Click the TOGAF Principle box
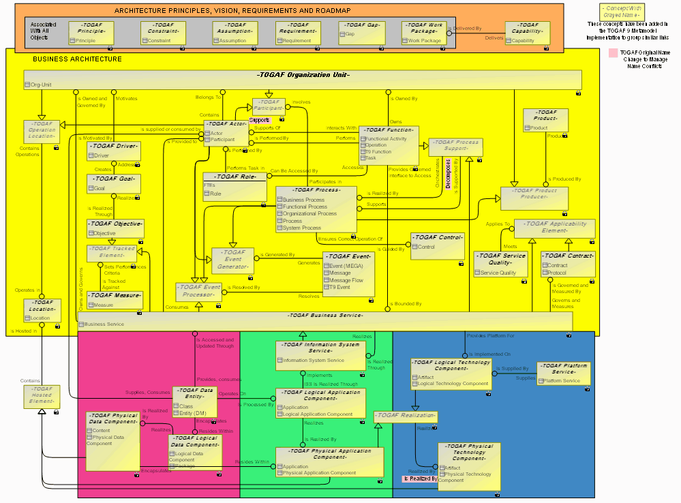(91, 33)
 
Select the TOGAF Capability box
(527, 33)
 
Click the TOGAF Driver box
(114, 151)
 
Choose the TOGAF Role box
(234, 186)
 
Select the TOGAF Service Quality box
(500, 264)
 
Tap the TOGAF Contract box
(568, 264)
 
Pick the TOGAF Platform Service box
(563, 373)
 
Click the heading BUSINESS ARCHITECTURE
(77, 59)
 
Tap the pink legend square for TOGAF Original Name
(614, 53)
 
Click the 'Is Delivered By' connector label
(468, 29)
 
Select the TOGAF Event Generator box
(232, 260)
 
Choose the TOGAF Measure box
(115, 299)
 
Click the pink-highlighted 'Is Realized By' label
(420, 478)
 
